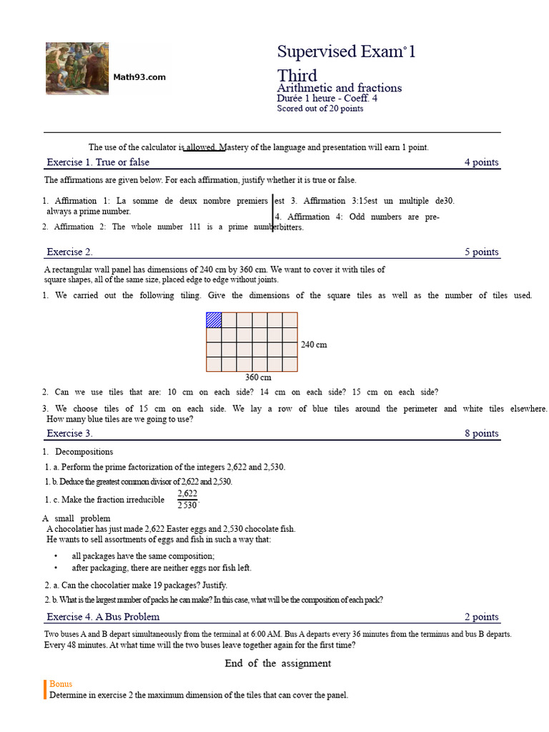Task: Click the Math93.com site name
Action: [x=139, y=77]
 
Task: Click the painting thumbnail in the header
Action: [x=77, y=68]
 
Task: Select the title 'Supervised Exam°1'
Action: [x=346, y=51]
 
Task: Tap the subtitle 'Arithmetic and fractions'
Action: [x=339, y=88]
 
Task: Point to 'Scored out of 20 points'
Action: [x=320, y=109]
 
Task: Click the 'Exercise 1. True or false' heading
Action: [x=98, y=162]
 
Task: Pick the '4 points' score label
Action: [x=481, y=162]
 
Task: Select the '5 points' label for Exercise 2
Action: [x=481, y=252]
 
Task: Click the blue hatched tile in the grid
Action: [x=214, y=320]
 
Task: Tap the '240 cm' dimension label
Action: [x=314, y=345]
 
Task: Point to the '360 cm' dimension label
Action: [x=258, y=377]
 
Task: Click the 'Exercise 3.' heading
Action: [x=69, y=433]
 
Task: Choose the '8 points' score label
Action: [x=481, y=433]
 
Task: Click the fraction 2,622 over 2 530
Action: [x=187, y=500]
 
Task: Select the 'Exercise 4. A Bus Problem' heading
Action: [x=103, y=616]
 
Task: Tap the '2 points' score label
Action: [x=481, y=617]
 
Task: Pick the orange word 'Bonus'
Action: [x=61, y=684]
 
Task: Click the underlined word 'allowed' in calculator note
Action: [x=201, y=147]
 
